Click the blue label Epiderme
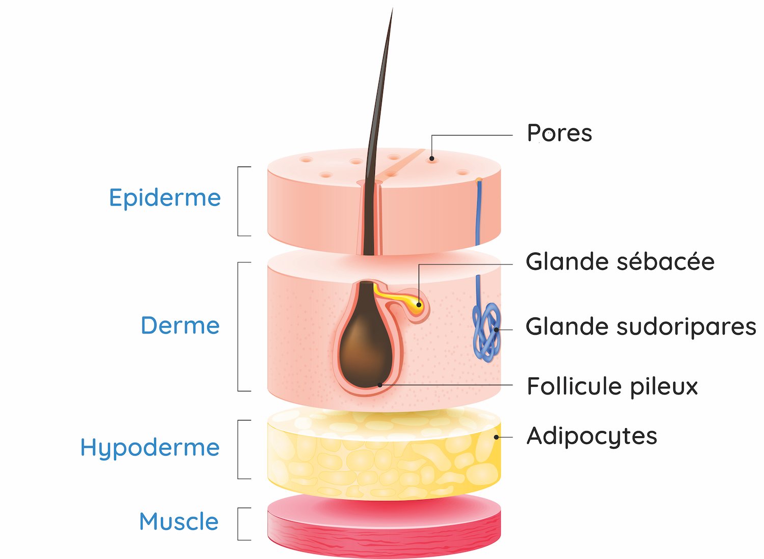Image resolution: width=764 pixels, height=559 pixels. click(x=165, y=198)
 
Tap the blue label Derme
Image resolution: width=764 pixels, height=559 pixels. click(x=180, y=326)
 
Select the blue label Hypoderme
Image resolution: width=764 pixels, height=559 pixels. click(x=150, y=448)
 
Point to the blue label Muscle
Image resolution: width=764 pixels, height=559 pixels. click(x=179, y=522)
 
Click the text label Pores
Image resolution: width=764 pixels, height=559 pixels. click(x=559, y=134)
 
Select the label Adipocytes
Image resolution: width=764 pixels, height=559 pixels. click(x=592, y=437)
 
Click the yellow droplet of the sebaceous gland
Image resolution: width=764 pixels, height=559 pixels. click(x=418, y=305)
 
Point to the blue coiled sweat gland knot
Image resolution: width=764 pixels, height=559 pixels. click(x=486, y=331)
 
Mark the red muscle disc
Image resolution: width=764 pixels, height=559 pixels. click(x=384, y=530)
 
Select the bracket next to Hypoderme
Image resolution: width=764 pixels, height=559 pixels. click(x=239, y=449)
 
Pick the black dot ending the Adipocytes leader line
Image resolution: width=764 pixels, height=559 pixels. click(x=496, y=437)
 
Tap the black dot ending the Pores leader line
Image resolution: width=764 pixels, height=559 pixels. click(x=432, y=158)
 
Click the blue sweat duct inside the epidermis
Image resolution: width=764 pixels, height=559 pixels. click(x=478, y=214)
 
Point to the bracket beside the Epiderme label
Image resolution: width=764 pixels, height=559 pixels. click(x=239, y=201)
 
